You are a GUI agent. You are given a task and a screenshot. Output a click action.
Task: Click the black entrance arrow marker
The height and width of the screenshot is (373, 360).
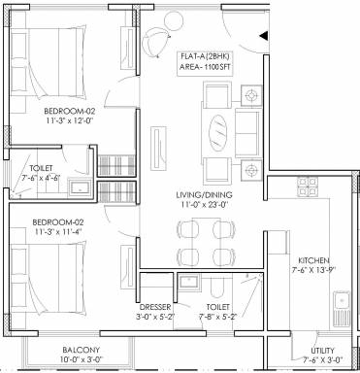click(x=264, y=36)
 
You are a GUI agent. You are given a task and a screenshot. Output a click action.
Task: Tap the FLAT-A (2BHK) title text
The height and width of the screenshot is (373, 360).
click(x=205, y=56)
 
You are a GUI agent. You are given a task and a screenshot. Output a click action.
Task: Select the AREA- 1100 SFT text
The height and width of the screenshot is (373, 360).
click(x=205, y=67)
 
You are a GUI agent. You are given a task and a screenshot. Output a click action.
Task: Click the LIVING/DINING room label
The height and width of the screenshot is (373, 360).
click(x=204, y=195)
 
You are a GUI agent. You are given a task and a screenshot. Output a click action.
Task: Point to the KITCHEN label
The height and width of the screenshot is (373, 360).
click(x=313, y=260)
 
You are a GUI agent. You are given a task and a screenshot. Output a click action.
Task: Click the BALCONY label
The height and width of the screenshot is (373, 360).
click(x=82, y=350)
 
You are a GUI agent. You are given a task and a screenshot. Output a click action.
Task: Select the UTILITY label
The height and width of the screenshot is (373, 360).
click(x=322, y=351)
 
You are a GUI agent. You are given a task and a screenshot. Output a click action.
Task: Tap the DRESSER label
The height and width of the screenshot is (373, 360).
click(x=155, y=307)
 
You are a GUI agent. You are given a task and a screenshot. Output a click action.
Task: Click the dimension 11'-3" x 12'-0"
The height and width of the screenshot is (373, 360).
click(x=71, y=121)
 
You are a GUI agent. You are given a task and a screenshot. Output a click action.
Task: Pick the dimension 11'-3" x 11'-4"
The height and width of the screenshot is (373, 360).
click(x=58, y=232)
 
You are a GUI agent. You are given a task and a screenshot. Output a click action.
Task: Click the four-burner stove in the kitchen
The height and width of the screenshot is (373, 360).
click(x=308, y=186)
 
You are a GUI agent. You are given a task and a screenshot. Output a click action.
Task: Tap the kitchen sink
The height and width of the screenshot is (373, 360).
click(x=342, y=309)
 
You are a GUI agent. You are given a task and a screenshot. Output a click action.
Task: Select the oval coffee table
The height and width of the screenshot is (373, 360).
click(x=218, y=132)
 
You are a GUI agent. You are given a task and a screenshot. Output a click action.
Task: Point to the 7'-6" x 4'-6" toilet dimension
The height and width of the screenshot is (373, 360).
click(x=41, y=179)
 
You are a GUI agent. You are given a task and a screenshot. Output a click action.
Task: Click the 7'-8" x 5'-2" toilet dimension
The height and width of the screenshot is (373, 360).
click(x=218, y=317)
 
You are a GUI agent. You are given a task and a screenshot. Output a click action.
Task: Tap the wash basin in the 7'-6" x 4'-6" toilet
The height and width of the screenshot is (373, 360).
click(x=79, y=187)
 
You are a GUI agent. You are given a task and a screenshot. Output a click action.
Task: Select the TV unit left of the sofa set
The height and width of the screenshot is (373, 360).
click(x=158, y=148)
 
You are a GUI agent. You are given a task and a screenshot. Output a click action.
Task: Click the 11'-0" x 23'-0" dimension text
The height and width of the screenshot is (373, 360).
click(x=204, y=205)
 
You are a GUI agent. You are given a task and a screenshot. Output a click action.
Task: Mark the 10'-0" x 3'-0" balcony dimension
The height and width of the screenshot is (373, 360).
click(x=82, y=359)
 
